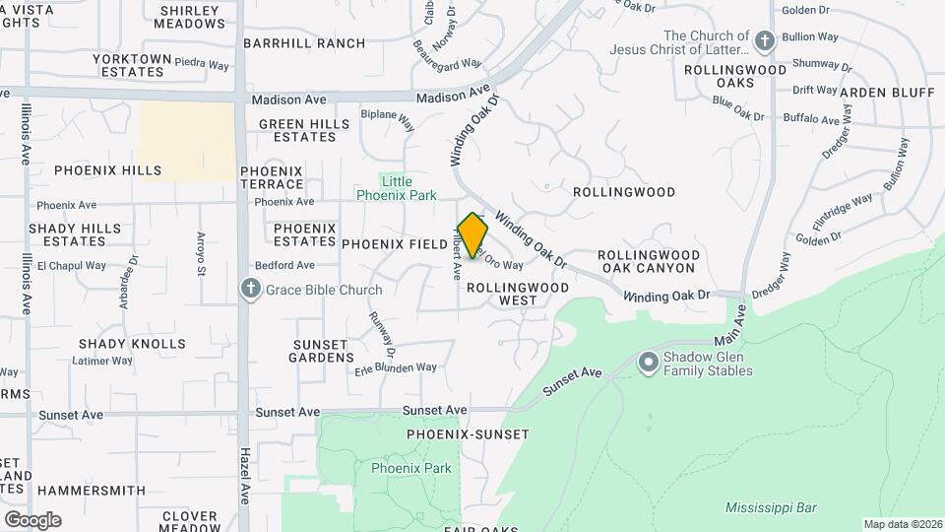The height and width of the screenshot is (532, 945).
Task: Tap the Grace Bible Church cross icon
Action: [x=251, y=290]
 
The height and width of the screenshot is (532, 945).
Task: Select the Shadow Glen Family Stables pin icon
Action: [x=648, y=364]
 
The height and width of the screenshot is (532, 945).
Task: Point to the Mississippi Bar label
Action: [x=770, y=508]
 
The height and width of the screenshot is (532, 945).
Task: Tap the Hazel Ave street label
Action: [x=245, y=477]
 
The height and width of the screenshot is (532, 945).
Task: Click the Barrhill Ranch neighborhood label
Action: [x=304, y=43]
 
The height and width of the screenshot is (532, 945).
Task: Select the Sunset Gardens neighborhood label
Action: [x=321, y=351]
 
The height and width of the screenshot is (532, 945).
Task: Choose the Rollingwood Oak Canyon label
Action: [x=649, y=261]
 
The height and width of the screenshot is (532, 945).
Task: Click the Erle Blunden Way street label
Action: [x=396, y=367]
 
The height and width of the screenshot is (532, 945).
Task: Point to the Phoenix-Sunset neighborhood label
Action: [x=468, y=434]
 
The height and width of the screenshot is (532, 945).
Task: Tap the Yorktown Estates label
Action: [x=132, y=65]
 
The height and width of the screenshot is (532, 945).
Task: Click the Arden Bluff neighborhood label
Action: [x=887, y=93]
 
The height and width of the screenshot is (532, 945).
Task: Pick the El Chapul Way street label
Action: [x=71, y=266]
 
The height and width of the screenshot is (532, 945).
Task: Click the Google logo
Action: [x=32, y=519]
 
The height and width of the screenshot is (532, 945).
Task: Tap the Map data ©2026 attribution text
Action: [x=902, y=524]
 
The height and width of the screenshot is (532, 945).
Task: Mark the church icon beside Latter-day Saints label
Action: [x=765, y=42]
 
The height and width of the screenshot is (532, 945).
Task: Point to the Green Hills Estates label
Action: [x=304, y=130]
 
